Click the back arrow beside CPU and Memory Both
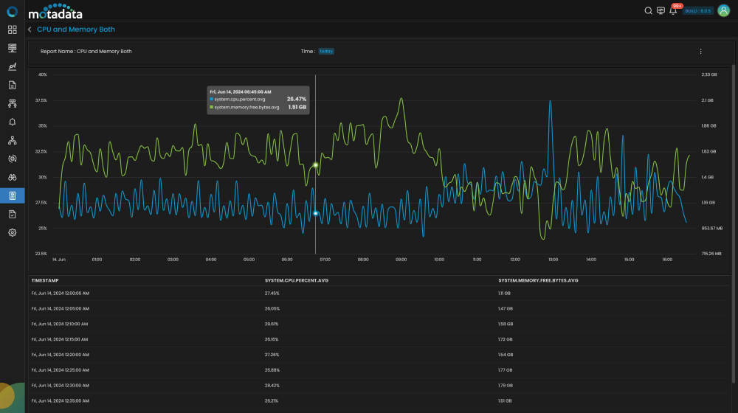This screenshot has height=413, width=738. (30, 29)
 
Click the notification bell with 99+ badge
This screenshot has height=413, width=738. (673, 11)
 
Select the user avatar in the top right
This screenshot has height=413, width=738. (723, 10)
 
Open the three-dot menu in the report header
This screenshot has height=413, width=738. (700, 52)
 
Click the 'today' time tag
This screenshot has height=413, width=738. (326, 52)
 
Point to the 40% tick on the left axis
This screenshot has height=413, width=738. (42, 74)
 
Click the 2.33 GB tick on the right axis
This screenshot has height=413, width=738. (708, 74)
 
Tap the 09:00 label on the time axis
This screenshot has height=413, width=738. (401, 260)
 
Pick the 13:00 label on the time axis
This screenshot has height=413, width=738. (553, 260)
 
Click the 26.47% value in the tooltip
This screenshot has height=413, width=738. (297, 99)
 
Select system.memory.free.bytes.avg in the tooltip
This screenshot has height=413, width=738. (246, 107)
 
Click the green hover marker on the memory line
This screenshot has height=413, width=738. (316, 165)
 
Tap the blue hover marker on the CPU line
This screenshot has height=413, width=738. (316, 213)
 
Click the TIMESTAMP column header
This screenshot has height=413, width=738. (45, 281)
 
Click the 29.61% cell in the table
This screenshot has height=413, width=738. (272, 324)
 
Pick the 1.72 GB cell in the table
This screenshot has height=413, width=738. (506, 339)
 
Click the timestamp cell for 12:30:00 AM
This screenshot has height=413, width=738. (60, 386)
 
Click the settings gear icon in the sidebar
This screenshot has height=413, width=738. (13, 232)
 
